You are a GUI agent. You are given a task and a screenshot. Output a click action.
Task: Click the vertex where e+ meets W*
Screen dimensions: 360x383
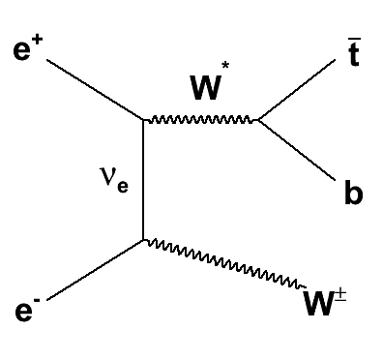(144, 120)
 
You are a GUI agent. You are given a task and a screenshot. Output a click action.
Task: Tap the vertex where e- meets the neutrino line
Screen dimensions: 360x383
(144, 238)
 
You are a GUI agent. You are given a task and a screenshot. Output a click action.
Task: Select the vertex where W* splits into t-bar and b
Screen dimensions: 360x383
(257, 121)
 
